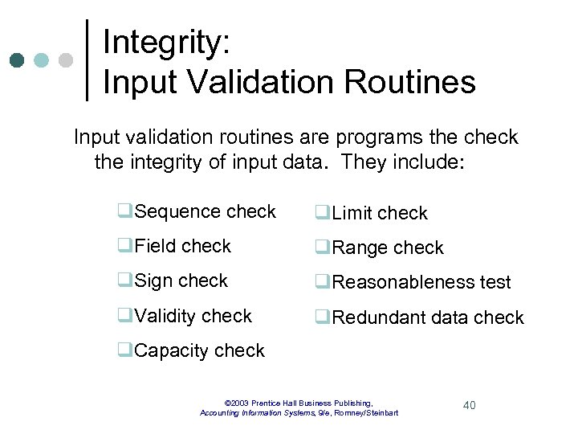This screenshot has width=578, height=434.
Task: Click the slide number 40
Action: (469, 405)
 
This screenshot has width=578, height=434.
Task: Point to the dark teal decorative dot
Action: (17, 60)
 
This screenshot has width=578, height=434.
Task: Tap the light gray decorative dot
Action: (66, 60)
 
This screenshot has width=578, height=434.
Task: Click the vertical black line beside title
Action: (88, 60)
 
